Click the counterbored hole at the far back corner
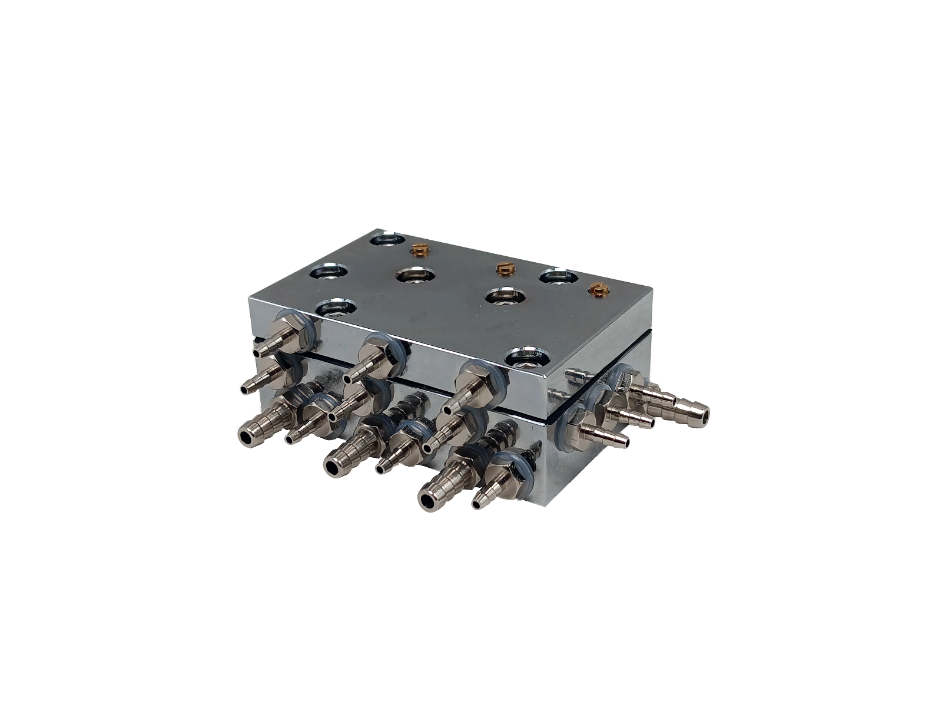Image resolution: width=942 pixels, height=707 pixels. coord(387,240)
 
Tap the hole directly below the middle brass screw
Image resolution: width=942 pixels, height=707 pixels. coord(505,296)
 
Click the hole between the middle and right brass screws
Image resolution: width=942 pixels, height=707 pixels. coord(557,276)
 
